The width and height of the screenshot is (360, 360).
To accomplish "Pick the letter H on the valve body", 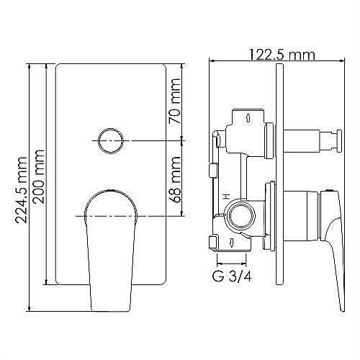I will point(226,194).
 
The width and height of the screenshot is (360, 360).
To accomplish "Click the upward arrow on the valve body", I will point(248,117).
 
